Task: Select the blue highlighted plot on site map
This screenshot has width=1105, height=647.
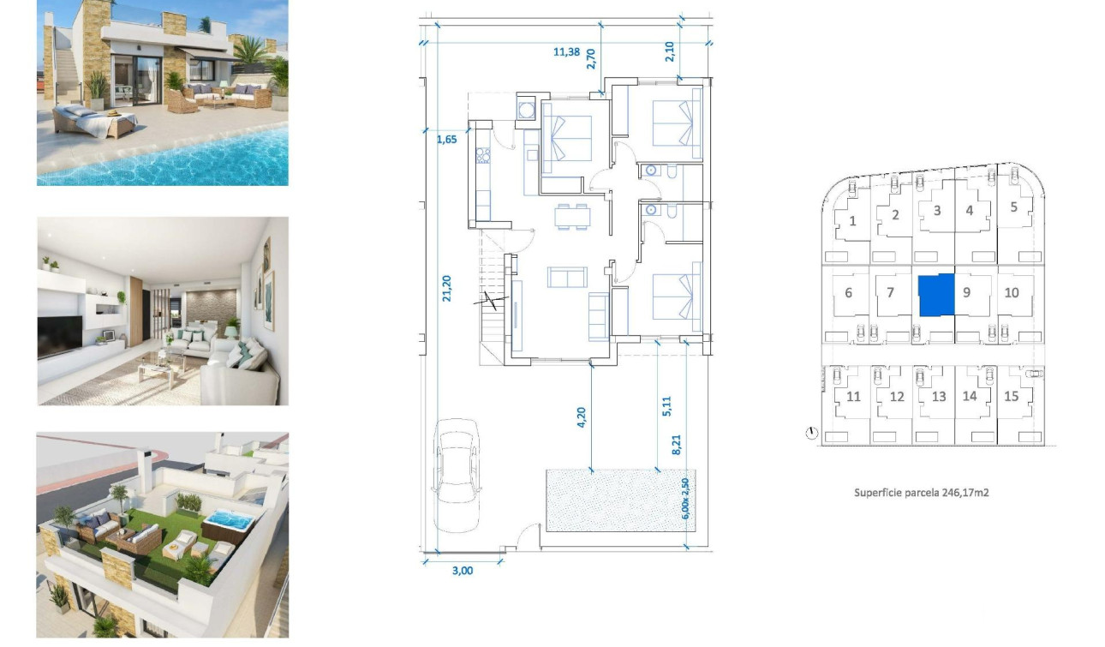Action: pyautogui.click(x=935, y=295)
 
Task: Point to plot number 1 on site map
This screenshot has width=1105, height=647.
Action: pyautogui.click(x=852, y=221)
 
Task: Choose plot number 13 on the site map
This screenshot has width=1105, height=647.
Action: pyautogui.click(x=939, y=397)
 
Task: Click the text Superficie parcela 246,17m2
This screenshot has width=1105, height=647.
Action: pyautogui.click(x=922, y=493)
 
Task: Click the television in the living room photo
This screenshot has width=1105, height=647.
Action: pyautogui.click(x=59, y=336)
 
